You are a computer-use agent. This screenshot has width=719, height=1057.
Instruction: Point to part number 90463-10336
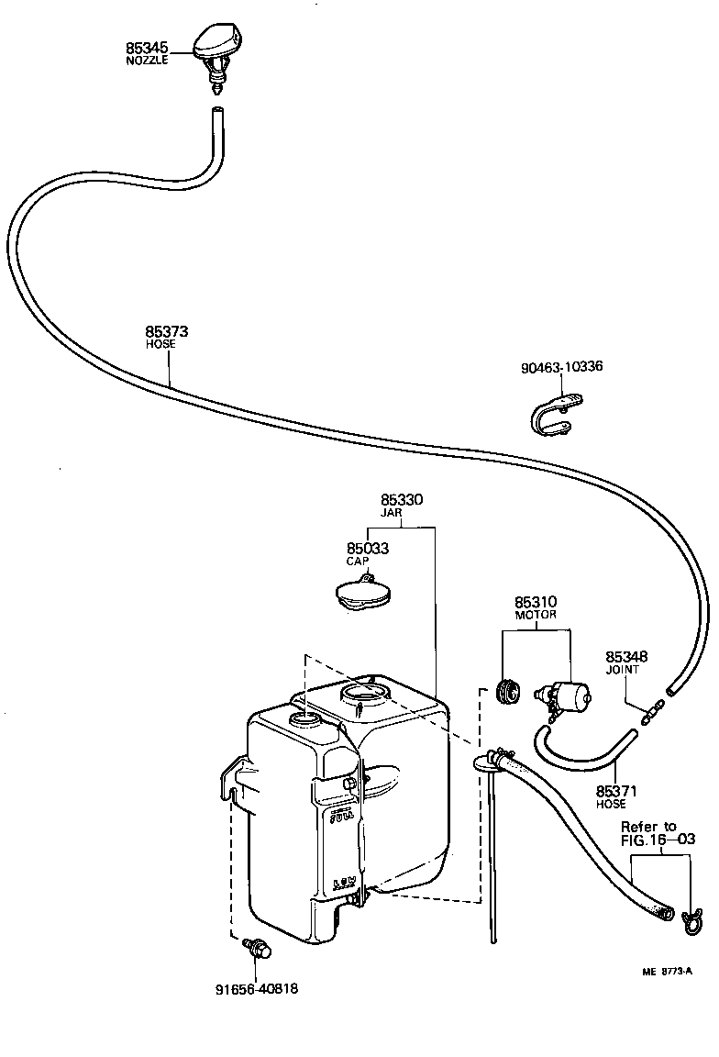[561, 367]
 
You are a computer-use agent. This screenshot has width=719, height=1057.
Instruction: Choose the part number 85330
[402, 501]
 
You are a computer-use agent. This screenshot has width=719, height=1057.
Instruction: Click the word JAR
[402, 514]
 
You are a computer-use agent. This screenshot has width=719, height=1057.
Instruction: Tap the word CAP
[358, 561]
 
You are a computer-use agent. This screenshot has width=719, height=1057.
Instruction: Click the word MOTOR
[536, 615]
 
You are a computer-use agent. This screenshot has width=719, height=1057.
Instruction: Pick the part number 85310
[536, 602]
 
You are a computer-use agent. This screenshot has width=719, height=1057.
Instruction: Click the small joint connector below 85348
[650, 710]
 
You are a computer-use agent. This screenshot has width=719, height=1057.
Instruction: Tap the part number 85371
[615, 790]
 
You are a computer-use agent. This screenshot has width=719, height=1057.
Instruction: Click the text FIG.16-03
[658, 839]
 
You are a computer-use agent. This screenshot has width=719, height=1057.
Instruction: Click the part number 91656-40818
[257, 989]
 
